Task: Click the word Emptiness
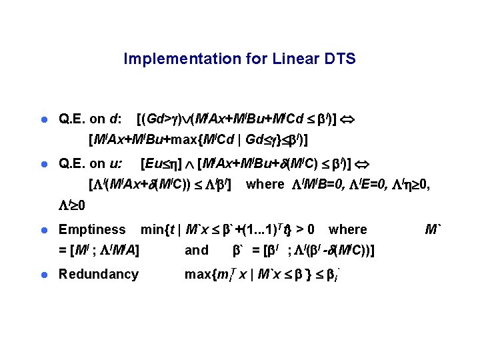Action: [92, 229]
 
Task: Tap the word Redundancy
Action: [99, 273]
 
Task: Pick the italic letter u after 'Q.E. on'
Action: [117, 163]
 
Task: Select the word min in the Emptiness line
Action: [151, 229]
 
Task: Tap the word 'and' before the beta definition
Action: [196, 251]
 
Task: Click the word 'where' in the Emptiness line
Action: [347, 229]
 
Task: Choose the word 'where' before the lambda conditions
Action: [265, 184]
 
